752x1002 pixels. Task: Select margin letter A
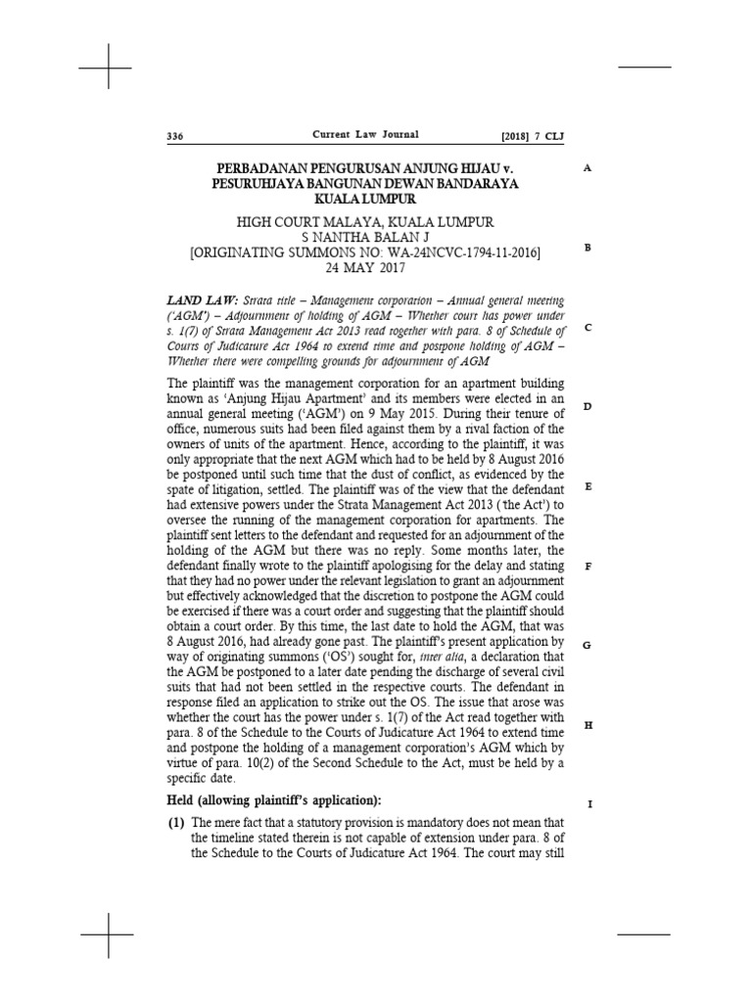(587, 168)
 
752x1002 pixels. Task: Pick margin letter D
(587, 406)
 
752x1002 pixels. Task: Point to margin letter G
(587, 646)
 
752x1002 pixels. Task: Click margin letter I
(588, 804)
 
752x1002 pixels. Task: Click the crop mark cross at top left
(107, 68)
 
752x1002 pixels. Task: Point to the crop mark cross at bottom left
(107, 935)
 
